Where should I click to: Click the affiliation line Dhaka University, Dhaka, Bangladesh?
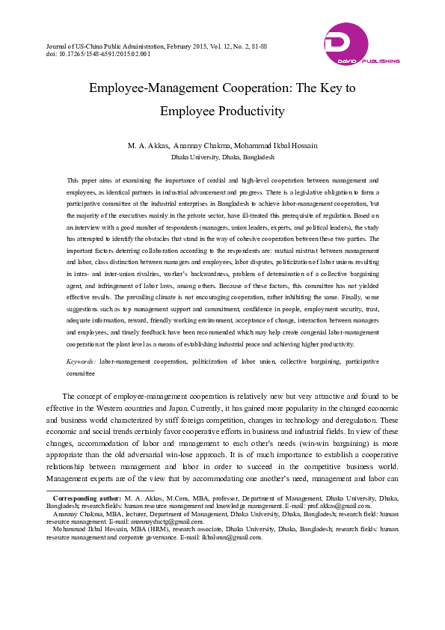222,158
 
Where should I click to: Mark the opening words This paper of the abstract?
83,180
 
